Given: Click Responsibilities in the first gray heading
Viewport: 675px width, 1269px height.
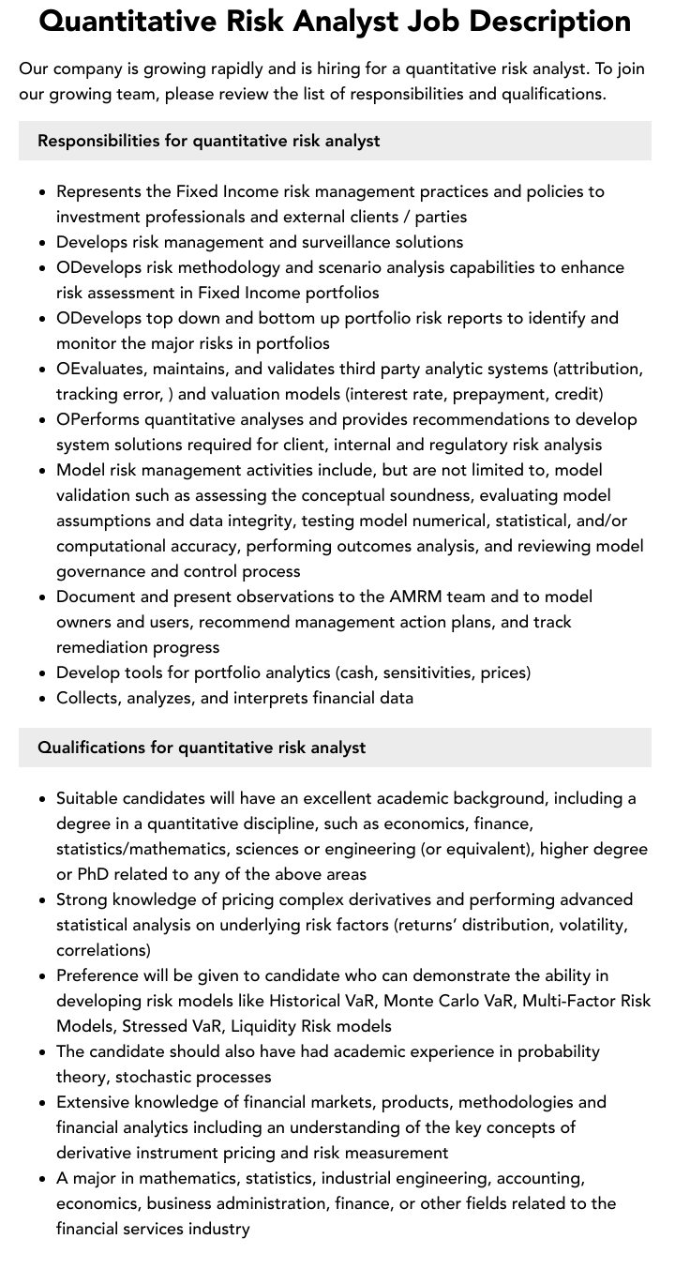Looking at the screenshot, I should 97,141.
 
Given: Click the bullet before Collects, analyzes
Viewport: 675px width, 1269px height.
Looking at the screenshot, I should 42,699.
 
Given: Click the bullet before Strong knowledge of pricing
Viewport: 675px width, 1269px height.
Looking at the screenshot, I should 42,900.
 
